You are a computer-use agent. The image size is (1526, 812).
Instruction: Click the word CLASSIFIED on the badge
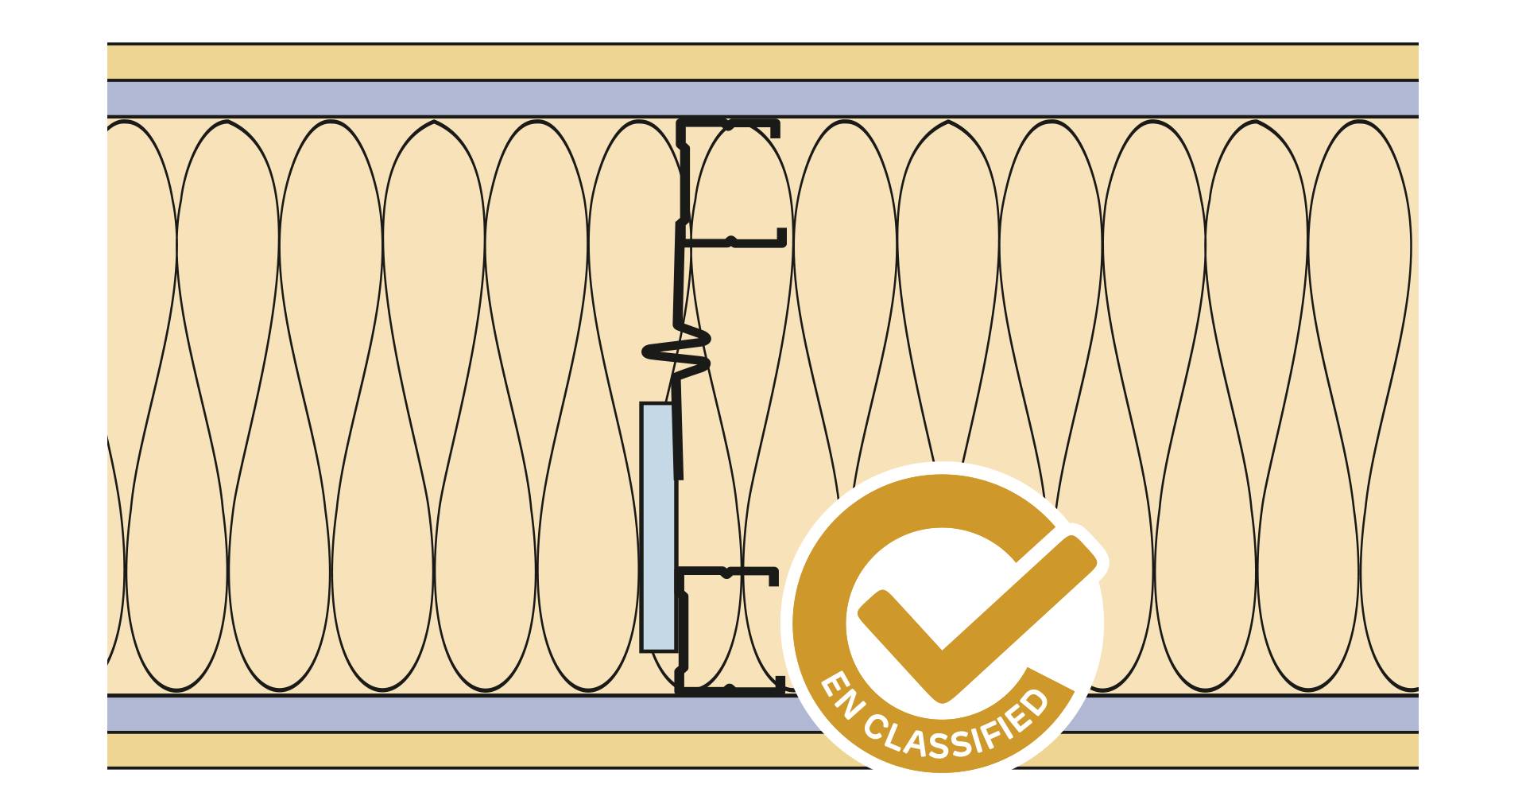962,736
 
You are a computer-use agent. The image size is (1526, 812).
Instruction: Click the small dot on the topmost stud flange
728,123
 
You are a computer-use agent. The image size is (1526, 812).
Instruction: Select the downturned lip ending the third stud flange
773,577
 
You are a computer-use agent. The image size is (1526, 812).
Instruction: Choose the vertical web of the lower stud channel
681,628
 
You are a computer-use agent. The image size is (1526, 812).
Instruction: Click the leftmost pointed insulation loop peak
227,122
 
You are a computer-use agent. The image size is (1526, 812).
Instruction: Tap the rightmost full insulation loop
1358,398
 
